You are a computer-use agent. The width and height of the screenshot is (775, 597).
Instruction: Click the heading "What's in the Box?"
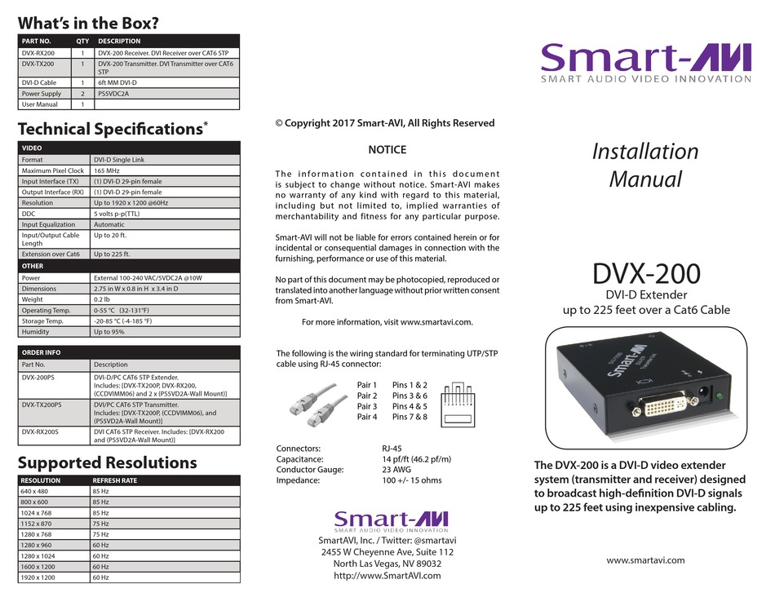click(88, 24)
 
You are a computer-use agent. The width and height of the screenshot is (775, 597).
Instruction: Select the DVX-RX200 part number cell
click(38, 51)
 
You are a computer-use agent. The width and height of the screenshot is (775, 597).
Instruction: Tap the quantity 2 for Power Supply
click(82, 94)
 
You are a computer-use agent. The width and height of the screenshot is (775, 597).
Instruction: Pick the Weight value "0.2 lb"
click(104, 299)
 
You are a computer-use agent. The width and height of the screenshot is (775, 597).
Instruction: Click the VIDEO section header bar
click(129, 148)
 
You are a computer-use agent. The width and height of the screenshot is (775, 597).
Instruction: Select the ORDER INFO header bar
click(129, 352)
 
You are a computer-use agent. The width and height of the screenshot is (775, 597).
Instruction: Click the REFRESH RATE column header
click(115, 480)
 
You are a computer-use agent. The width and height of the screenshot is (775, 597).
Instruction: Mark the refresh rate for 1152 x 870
click(101, 524)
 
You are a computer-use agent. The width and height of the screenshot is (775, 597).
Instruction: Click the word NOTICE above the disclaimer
click(387, 150)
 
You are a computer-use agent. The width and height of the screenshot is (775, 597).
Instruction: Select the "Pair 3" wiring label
click(367, 406)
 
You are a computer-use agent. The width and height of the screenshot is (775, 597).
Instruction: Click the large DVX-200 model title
click(646, 271)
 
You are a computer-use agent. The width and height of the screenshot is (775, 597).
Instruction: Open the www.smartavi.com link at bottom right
click(645, 560)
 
